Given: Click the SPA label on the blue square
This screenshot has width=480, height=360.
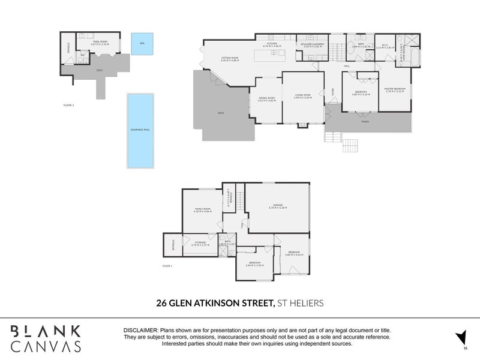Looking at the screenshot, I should click(x=142, y=44).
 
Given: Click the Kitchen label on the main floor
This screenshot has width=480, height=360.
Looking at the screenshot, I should click(x=271, y=43).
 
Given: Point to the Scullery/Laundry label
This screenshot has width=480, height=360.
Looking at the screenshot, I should click(x=313, y=43).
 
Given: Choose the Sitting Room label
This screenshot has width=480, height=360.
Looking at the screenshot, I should click(x=230, y=59).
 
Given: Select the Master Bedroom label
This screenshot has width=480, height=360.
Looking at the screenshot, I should click(x=395, y=89).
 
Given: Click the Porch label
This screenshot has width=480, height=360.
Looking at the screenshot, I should click(x=365, y=122).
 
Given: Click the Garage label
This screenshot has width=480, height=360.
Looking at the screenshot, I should click(x=278, y=206).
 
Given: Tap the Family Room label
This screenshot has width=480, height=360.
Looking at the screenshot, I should click(x=202, y=209).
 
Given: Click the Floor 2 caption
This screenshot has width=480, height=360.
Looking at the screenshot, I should click(x=68, y=105).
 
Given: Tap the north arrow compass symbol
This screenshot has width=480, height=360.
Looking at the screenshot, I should click(x=460, y=337).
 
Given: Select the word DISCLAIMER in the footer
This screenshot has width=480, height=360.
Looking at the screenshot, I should click(x=140, y=331).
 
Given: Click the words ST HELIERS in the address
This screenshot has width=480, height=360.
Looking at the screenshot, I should click(x=301, y=304).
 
